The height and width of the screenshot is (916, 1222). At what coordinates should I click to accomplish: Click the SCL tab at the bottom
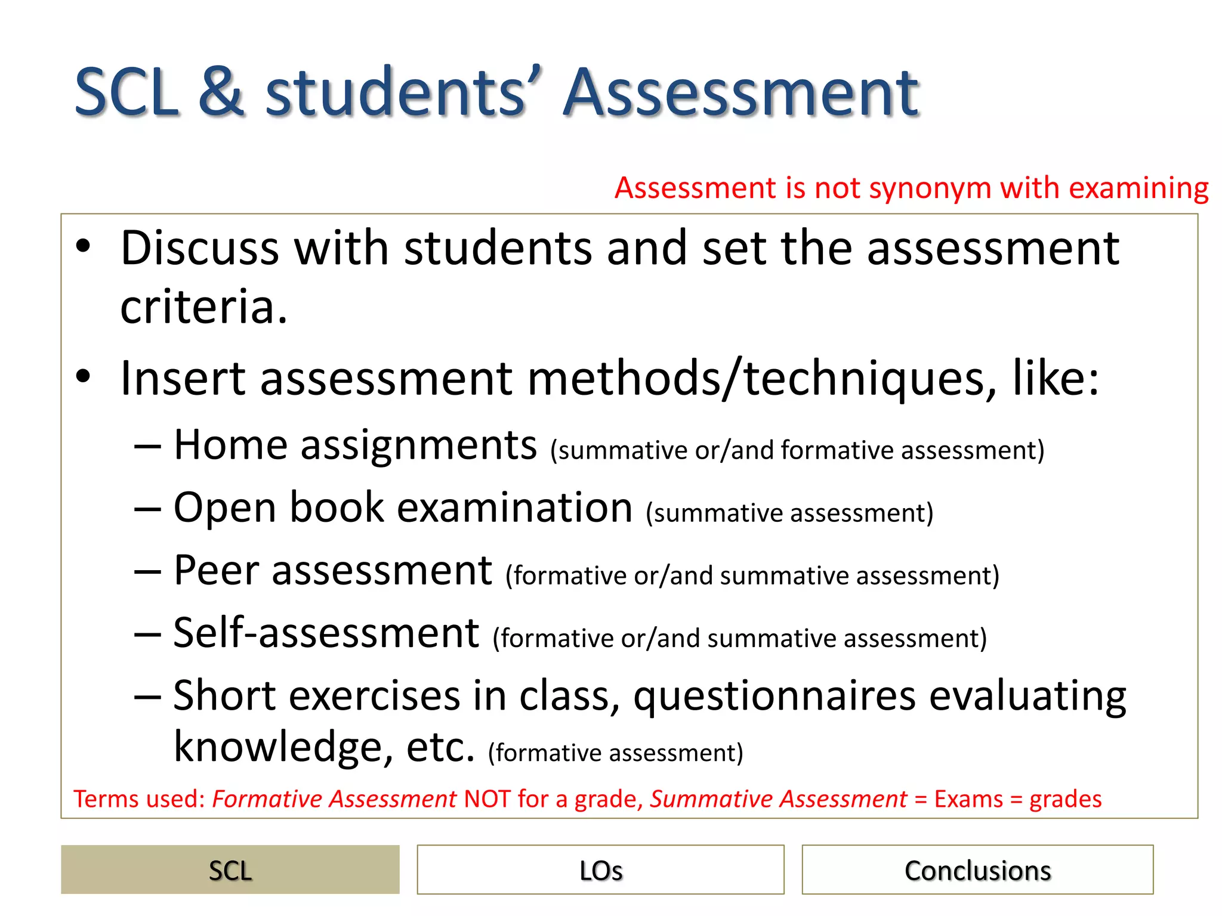coord(230,869)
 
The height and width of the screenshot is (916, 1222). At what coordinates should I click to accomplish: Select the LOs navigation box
coord(600,869)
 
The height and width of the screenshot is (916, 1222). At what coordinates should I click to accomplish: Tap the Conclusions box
coord(977,869)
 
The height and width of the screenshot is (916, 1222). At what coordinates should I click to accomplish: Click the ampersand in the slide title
coord(221,92)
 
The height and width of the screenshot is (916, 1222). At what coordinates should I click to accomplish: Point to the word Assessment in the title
coord(740,92)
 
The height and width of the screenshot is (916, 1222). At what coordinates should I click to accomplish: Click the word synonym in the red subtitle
coord(931,188)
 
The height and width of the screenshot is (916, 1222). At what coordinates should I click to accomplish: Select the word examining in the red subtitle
coord(1138,188)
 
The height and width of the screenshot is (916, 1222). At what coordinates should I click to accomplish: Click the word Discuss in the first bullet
coord(199,248)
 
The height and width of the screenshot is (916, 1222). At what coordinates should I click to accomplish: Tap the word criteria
coord(203,307)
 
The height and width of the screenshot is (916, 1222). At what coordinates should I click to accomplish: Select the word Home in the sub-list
coord(230,445)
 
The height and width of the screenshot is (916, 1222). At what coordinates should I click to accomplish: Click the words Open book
coord(278,508)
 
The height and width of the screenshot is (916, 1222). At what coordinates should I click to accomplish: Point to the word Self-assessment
coord(326,633)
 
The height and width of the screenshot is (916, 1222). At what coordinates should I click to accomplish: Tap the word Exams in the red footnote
coord(968,799)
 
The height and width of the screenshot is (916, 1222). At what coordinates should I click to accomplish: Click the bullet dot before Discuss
coord(83,246)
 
